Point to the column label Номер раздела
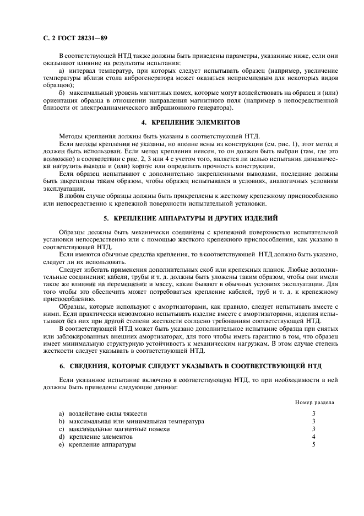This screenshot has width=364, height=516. point(314,402)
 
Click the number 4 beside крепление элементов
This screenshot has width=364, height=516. point(313,436)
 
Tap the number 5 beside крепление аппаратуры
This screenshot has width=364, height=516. point(313,444)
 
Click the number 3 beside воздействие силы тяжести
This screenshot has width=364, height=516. point(313,413)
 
